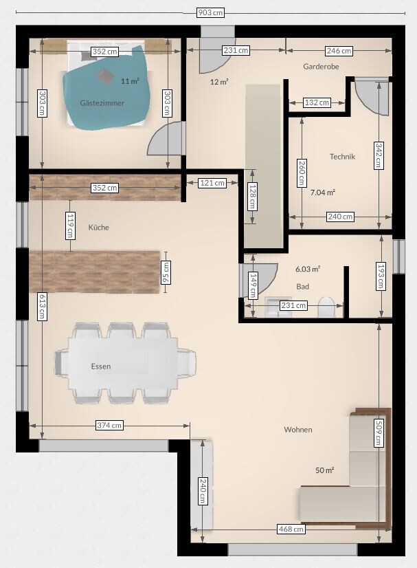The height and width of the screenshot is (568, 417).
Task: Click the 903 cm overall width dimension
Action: [x=210, y=12]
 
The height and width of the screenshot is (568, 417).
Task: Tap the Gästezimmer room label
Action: [x=102, y=103]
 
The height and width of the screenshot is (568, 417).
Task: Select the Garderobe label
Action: [x=321, y=66]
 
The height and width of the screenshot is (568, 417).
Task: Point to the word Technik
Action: [x=342, y=157]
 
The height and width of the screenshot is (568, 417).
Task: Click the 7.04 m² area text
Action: [x=322, y=193]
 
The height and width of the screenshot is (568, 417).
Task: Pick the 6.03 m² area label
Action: [x=308, y=269]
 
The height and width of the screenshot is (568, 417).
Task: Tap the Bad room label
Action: [x=302, y=287]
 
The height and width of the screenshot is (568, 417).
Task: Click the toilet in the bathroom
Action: [x=325, y=307]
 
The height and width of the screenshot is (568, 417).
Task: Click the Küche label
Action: [x=98, y=228]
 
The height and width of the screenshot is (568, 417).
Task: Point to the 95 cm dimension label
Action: [x=166, y=272]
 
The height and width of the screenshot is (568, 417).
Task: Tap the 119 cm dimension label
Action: [x=70, y=226]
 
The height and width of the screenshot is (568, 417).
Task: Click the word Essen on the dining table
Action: [x=100, y=367]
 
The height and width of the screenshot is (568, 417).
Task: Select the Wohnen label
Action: [x=298, y=430]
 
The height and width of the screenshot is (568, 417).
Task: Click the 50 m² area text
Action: [x=324, y=470]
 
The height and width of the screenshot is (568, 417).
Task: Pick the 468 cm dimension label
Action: [x=291, y=529]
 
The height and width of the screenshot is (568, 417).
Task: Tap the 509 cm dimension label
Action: [x=379, y=432]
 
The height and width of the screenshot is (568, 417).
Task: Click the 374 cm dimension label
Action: [x=109, y=425]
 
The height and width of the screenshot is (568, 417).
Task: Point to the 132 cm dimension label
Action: [x=317, y=102]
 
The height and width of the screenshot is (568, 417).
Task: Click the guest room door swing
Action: [x=167, y=138]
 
